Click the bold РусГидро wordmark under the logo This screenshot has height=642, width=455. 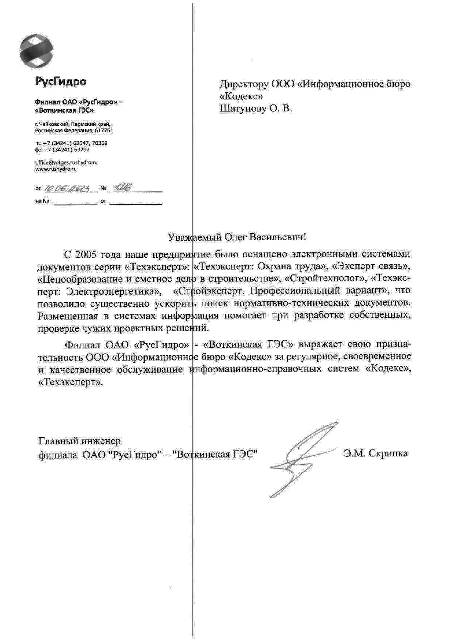click(60, 81)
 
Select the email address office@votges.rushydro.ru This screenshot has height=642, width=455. click(66, 163)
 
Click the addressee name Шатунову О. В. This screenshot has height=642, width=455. click(256, 109)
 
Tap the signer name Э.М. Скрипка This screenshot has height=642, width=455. click(376, 453)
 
